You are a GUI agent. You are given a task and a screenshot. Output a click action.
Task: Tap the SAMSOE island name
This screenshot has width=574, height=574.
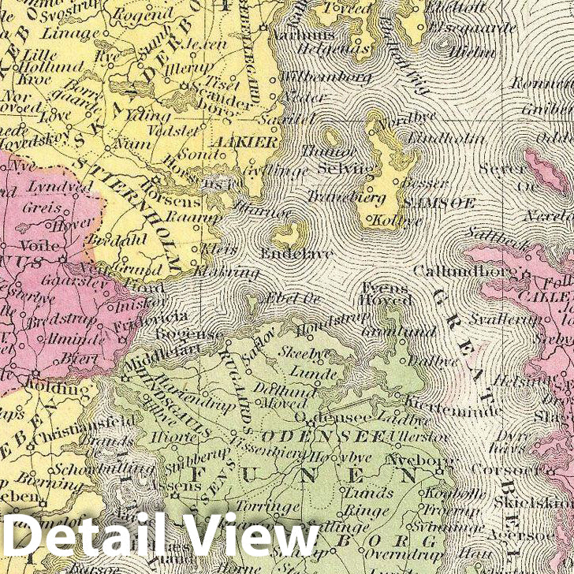coord(429,202)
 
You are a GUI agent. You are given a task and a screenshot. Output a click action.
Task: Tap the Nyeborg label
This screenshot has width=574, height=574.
coord(409,457)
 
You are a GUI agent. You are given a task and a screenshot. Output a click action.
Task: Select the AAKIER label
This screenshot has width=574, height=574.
coord(252,143)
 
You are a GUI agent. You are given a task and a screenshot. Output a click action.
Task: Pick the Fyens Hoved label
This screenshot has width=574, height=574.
coord(386,293)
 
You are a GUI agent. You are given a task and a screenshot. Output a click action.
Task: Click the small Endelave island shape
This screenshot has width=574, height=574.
coord(288,233)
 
